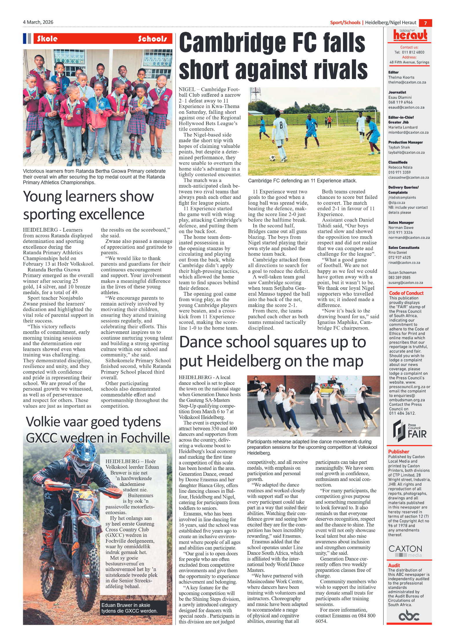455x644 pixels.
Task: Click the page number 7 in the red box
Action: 425,23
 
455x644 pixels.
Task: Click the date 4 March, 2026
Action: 38,22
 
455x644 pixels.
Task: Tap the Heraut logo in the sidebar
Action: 410,35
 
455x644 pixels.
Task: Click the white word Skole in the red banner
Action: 47,39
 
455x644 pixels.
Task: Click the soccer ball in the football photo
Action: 272,158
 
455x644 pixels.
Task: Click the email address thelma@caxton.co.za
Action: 407,82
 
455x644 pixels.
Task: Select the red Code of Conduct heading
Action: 406,293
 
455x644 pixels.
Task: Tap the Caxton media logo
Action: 405,551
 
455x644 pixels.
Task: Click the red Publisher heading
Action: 399,451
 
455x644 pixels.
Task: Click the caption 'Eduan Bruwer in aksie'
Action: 126,605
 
